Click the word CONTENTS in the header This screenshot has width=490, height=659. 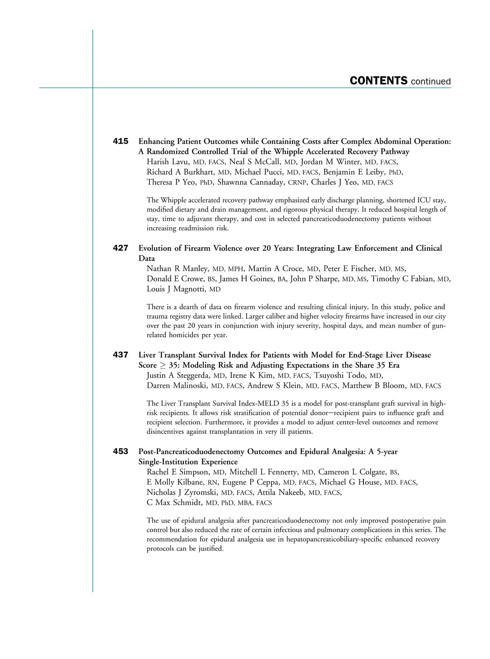pos(378,81)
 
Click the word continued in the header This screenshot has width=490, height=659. pos(431,82)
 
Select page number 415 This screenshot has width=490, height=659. pos(120,141)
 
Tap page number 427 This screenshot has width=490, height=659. pos(120,248)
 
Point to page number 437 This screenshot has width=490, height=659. pos(120,355)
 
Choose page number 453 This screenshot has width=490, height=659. pos(120,451)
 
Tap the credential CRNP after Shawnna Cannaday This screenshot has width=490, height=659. pos(297,183)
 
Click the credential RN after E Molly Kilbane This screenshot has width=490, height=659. pos(213,483)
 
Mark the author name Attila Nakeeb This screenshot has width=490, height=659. pos(281,493)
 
